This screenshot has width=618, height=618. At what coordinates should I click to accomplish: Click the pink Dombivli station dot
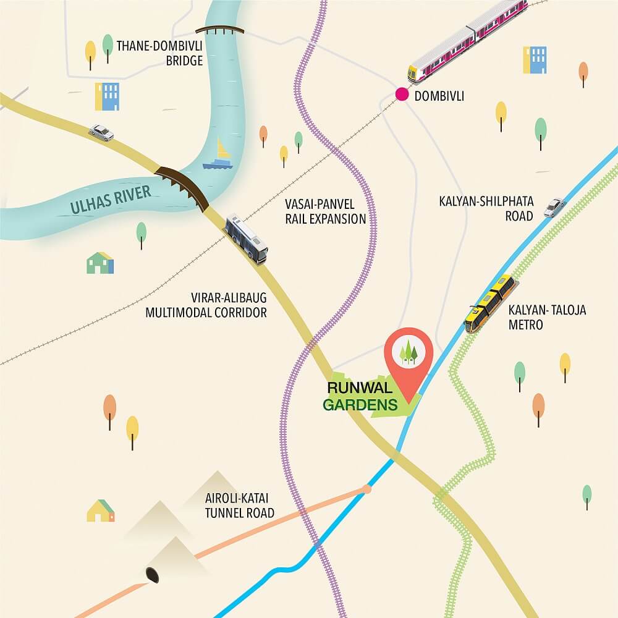(402, 95)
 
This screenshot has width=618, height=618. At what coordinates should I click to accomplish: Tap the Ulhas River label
(111, 200)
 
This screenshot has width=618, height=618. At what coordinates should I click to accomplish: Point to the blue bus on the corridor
(247, 238)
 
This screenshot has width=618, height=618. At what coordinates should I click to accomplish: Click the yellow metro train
(491, 303)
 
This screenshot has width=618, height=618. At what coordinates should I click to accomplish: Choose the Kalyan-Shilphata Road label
(486, 208)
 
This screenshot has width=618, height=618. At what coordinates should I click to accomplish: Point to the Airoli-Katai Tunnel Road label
(239, 506)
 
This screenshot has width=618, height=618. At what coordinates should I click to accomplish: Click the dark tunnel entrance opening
(151, 575)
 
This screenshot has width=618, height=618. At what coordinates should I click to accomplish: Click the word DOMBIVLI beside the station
(439, 96)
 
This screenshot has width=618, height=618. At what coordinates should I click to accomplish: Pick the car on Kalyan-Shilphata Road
(554, 207)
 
